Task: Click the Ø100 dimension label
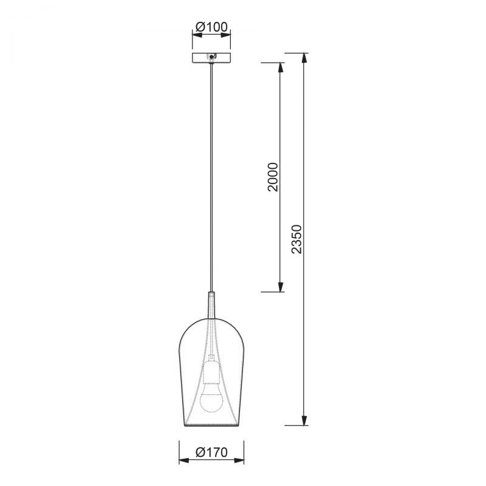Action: click(x=211, y=27)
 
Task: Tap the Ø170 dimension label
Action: click(x=211, y=452)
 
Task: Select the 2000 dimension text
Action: click(x=273, y=177)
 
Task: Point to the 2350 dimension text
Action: click(x=296, y=239)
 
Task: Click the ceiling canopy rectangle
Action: click(x=211, y=58)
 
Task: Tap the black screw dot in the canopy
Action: click(x=211, y=56)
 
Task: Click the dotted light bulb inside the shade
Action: click(x=211, y=397)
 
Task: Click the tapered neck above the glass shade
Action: click(x=211, y=305)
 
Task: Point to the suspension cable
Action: click(x=211, y=177)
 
